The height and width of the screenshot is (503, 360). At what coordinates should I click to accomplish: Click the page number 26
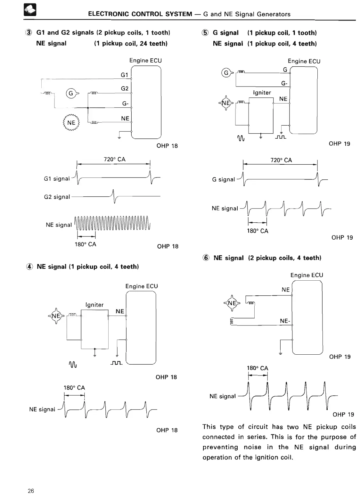31,491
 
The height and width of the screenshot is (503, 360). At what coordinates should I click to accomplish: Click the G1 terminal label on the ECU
124,75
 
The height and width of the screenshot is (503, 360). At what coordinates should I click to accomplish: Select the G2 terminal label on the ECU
125,88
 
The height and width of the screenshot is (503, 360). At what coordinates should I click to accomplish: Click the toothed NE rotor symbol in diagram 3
71,123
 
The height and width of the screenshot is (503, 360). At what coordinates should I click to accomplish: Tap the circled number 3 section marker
29,33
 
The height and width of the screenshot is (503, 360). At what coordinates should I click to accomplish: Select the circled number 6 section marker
206,258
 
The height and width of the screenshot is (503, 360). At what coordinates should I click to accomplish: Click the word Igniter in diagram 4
94,305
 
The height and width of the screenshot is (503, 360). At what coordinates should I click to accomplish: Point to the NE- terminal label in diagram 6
285,321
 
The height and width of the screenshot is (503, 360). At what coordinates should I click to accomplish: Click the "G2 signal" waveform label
57,197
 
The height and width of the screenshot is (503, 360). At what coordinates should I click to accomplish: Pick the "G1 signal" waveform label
57,179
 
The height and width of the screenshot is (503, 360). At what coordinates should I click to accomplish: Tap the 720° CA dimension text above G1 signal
115,159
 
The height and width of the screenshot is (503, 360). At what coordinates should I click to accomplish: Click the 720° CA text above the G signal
281,160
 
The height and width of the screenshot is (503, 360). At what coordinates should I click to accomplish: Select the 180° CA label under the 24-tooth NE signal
86,244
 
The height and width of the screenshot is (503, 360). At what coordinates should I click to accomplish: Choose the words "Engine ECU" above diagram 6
307,275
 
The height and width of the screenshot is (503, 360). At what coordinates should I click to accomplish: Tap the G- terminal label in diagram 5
284,83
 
